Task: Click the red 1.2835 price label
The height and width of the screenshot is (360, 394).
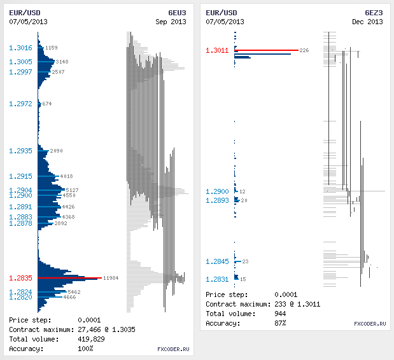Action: click(x=20, y=278)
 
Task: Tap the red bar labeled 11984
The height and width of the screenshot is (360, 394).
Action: click(x=70, y=278)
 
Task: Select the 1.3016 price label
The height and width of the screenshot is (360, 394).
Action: click(x=20, y=48)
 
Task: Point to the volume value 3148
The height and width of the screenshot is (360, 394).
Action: click(x=62, y=62)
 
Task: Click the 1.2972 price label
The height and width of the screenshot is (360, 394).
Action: click(x=20, y=104)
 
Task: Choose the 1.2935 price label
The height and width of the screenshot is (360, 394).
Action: click(x=20, y=151)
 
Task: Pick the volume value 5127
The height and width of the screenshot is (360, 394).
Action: click(x=72, y=190)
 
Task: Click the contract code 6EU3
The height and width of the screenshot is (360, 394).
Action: click(x=178, y=12)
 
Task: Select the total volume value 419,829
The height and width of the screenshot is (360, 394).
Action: click(x=91, y=339)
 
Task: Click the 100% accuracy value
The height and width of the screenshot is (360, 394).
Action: click(x=85, y=349)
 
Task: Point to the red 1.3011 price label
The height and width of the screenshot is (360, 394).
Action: click(x=217, y=50)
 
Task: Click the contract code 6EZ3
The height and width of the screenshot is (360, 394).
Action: click(x=374, y=12)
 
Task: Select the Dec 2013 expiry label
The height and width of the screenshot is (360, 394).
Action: click(x=367, y=21)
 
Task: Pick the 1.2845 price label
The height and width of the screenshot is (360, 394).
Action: click(x=217, y=261)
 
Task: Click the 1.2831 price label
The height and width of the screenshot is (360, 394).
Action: click(x=217, y=279)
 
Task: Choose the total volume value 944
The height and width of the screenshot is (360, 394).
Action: click(x=281, y=314)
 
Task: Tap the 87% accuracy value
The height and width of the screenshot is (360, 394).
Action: click(x=280, y=323)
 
